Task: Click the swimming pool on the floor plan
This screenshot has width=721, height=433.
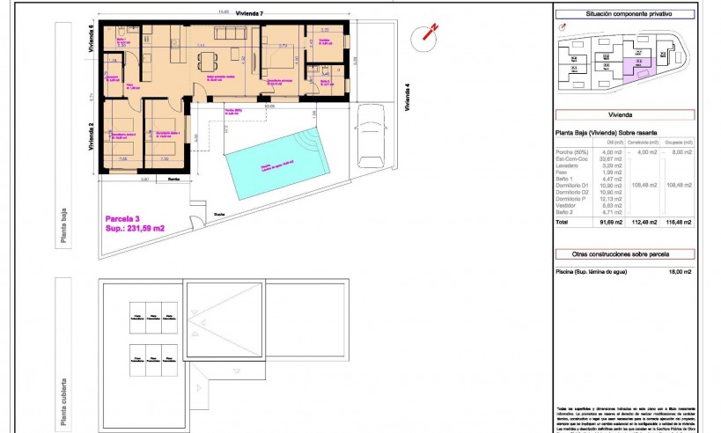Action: (276, 163)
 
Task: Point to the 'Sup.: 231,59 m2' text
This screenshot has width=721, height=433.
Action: (133, 228)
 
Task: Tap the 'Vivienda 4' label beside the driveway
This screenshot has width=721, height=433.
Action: (408, 98)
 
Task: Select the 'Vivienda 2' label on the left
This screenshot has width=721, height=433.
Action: (92, 137)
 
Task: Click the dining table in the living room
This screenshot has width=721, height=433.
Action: (209, 62)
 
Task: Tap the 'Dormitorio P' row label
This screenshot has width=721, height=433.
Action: (573, 198)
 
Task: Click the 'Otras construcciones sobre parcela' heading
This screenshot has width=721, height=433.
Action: (624, 254)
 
